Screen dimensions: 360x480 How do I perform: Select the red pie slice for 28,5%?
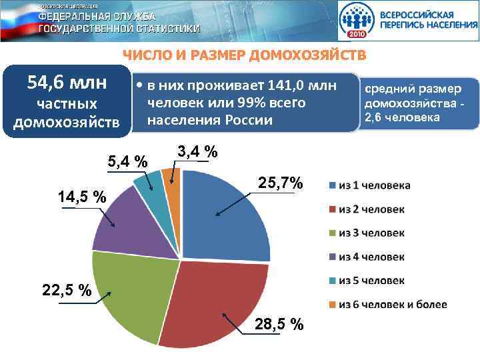(213, 300)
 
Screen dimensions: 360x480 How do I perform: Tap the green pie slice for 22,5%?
(130, 293)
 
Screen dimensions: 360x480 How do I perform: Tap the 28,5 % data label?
(279, 324)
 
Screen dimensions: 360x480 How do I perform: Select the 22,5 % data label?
(67, 291)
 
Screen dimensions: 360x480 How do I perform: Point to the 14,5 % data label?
(82, 197)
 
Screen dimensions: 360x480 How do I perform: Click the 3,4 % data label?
(198, 153)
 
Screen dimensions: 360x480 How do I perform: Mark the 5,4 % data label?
(128, 161)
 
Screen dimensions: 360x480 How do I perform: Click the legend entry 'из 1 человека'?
(374, 185)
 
